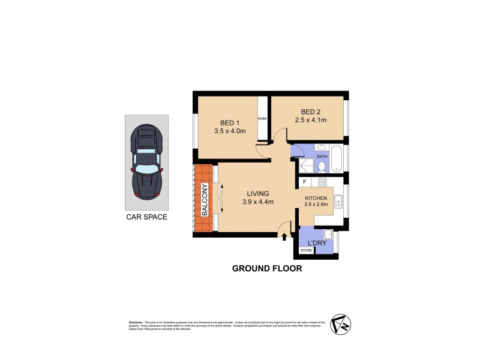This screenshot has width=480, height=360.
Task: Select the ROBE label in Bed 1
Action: (x=262, y=119)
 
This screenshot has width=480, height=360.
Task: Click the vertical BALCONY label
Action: (x=205, y=200)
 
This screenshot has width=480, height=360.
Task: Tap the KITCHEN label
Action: (x=316, y=198)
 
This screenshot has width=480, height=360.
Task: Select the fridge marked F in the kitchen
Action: (x=305, y=182)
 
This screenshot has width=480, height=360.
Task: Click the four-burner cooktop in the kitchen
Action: (x=322, y=182)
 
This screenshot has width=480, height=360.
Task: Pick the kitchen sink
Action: (x=338, y=202)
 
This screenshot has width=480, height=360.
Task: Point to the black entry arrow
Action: (x=283, y=236)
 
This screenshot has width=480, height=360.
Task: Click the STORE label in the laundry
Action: (x=306, y=250)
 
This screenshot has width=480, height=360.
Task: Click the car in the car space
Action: (x=147, y=162)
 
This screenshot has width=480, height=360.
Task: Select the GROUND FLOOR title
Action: (x=267, y=269)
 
